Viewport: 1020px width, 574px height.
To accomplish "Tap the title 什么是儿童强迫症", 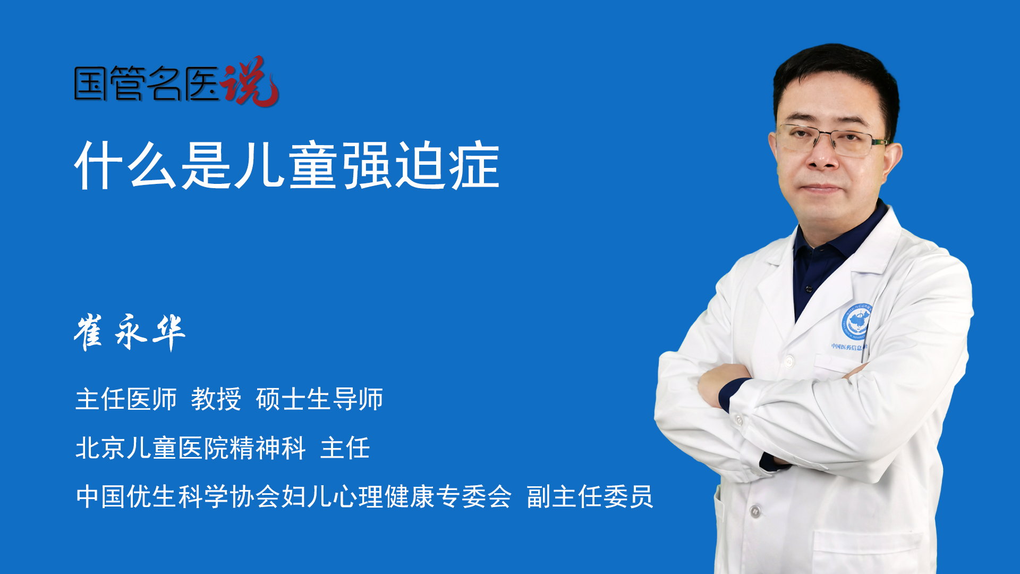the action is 287,165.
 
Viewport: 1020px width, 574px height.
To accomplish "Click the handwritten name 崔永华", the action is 130,332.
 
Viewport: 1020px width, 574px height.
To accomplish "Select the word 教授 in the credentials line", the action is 216,399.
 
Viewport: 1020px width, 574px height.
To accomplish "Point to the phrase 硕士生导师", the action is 319,399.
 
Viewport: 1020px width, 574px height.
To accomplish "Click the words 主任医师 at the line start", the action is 126,399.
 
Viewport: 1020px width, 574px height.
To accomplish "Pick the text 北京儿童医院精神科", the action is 191,448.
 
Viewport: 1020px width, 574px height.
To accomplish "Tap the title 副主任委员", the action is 590,496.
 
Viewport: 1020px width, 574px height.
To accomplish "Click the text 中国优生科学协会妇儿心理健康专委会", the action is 294,496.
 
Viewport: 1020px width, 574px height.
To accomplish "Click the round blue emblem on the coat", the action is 856,322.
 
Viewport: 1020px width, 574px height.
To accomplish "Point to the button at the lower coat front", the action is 755,512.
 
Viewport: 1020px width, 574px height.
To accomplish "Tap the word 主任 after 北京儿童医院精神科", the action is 345,448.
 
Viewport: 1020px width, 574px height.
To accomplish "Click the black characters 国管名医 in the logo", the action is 147,83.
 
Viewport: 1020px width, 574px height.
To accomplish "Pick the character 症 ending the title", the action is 474,165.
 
